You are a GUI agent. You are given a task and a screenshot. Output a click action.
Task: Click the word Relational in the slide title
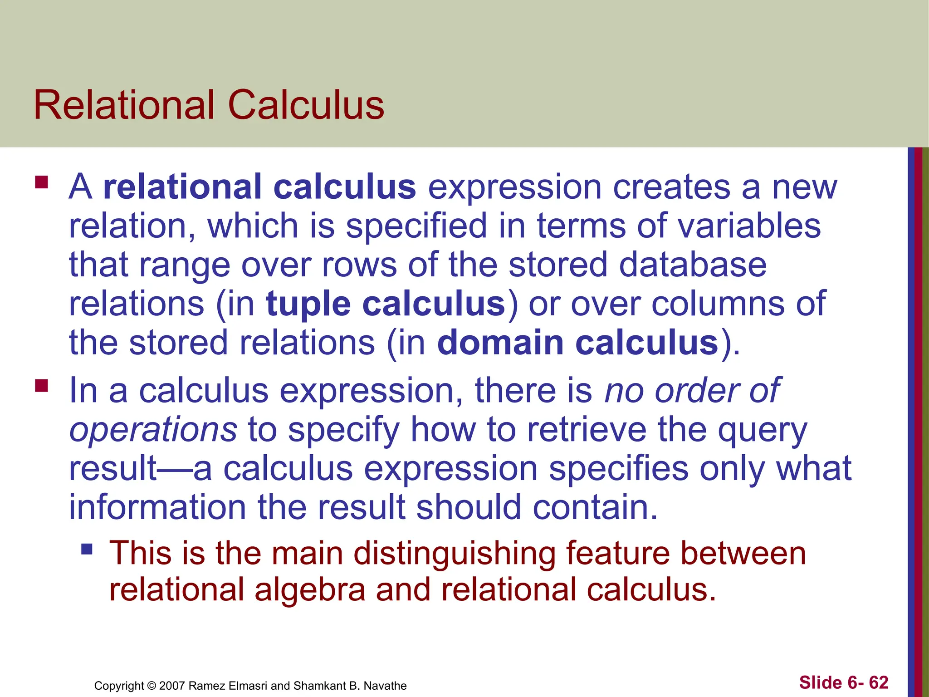click(124, 105)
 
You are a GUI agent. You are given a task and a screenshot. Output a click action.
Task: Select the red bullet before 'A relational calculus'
click(42, 182)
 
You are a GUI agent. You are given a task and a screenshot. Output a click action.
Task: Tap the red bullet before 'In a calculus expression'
click(42, 386)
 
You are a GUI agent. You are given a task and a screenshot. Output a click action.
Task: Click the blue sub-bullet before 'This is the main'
click(87, 550)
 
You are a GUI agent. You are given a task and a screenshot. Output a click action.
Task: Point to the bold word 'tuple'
click(308, 304)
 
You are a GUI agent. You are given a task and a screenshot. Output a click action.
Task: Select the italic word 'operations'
click(153, 429)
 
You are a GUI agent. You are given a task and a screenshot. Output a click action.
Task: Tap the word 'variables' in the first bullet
click(749, 226)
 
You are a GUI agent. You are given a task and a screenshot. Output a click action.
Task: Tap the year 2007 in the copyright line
click(172, 686)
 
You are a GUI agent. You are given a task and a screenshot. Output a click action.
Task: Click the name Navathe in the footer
click(385, 686)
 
